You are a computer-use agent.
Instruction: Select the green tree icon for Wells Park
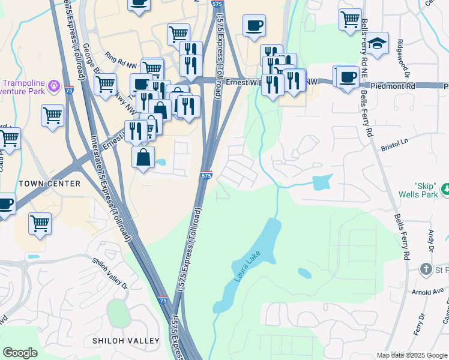click(x=445, y=190)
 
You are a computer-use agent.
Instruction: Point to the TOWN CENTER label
click(x=49, y=183)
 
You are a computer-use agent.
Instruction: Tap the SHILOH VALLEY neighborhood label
click(x=126, y=341)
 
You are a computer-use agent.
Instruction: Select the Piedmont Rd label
click(x=393, y=86)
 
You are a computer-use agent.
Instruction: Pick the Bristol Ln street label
click(x=394, y=148)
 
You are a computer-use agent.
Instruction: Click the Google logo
click(x=20, y=353)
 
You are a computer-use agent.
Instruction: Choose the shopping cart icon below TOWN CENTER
click(x=40, y=223)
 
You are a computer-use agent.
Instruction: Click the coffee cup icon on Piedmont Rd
click(x=348, y=77)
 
